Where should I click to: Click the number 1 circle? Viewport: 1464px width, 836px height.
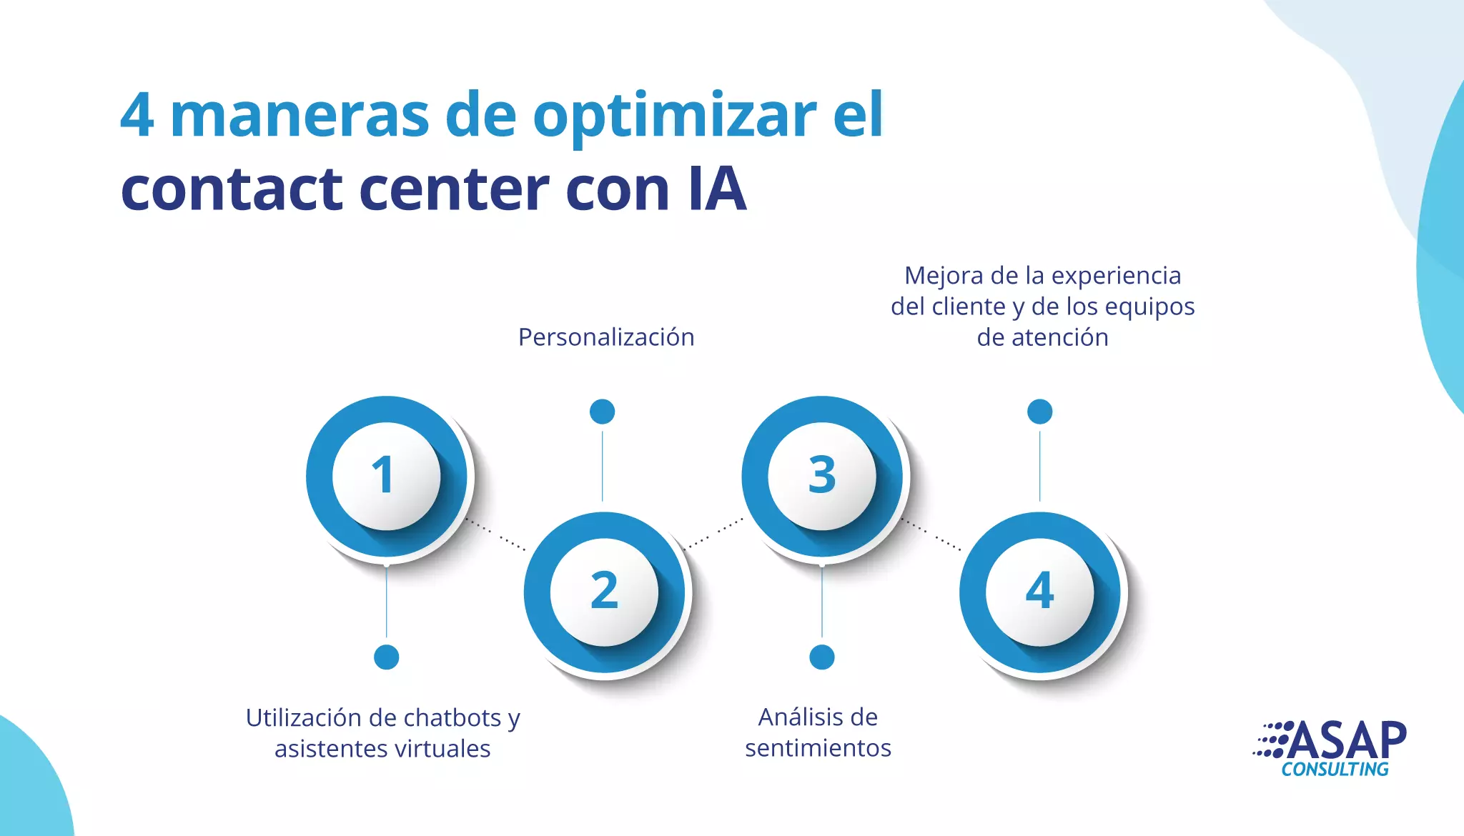386,476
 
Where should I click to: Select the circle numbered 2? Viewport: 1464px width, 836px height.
604,592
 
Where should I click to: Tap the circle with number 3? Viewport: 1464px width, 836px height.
822,476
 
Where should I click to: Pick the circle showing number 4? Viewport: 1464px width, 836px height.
1040,592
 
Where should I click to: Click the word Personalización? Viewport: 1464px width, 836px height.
606,337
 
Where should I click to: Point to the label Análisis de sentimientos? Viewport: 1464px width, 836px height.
818,732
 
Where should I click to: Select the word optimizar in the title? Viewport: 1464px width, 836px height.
675,116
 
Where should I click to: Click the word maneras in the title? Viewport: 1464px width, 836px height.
300,116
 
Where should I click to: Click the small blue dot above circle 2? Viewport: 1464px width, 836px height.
603,412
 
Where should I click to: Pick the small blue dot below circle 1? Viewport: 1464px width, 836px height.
387,657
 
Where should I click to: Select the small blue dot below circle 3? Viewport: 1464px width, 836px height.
822,657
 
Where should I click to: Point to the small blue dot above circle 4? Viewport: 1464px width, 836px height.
1040,412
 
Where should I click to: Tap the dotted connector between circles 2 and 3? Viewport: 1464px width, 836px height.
714,534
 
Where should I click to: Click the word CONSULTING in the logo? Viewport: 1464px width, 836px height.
1335,770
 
